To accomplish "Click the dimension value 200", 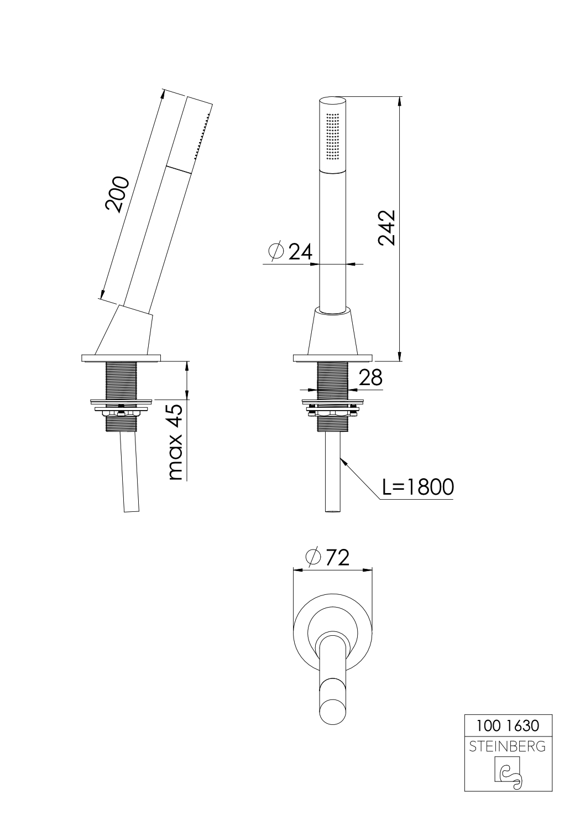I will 117,195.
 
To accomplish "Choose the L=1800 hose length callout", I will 418,487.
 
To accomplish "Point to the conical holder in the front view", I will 333,332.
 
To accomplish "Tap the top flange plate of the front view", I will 333,358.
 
